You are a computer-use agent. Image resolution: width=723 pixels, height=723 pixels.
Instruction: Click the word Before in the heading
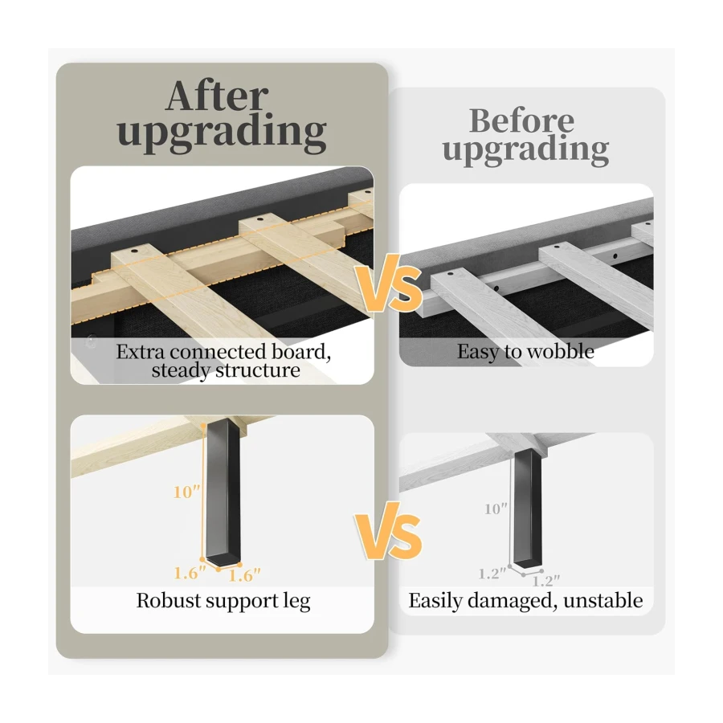(x=521, y=120)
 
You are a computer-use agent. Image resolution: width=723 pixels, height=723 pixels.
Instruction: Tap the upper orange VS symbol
(x=389, y=284)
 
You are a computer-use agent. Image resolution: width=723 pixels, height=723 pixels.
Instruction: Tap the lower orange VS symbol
(x=389, y=531)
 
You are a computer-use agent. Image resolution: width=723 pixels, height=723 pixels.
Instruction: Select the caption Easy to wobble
(x=525, y=351)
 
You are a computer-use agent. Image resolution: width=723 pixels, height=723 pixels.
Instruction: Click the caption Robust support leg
(x=223, y=601)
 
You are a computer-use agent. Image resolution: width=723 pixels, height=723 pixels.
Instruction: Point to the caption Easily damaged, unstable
(x=525, y=601)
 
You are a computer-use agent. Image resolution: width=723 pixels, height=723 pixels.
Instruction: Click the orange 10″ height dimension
(x=187, y=492)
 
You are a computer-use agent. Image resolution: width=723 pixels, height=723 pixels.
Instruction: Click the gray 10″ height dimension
(x=496, y=509)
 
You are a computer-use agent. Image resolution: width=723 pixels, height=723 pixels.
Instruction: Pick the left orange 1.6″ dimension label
(x=190, y=573)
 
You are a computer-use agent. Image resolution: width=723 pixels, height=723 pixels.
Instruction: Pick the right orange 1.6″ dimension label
(x=245, y=575)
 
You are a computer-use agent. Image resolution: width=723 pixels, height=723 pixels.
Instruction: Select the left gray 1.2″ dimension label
(x=492, y=574)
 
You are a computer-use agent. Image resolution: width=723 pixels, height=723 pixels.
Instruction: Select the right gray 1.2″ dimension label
(x=546, y=581)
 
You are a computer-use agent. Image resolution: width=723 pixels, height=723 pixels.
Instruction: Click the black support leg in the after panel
(x=223, y=492)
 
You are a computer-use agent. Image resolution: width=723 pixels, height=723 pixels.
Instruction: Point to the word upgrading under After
(x=222, y=133)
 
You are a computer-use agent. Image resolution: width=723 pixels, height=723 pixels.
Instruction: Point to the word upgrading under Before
(x=525, y=150)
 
